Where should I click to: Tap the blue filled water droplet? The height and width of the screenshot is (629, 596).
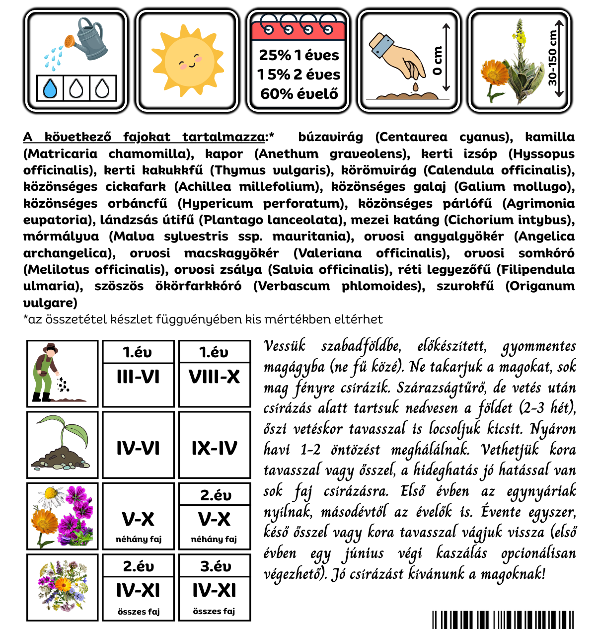click(x=50, y=89)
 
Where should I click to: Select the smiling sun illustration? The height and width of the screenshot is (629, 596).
click(x=187, y=61)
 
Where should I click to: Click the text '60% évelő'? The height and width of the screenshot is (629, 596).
click(x=299, y=93)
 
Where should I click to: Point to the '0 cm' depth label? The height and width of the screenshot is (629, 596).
click(x=437, y=61)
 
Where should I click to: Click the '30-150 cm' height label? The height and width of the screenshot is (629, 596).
click(x=552, y=58)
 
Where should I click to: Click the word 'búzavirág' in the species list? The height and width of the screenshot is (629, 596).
click(x=330, y=137)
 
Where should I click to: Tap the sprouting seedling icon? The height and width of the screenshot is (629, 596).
click(x=62, y=444)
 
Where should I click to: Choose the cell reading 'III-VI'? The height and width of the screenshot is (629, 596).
click(x=138, y=377)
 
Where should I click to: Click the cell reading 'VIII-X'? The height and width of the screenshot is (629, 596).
click(x=214, y=377)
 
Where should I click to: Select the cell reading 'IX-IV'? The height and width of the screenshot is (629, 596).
click(x=214, y=449)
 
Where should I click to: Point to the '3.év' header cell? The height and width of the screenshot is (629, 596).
click(x=215, y=566)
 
